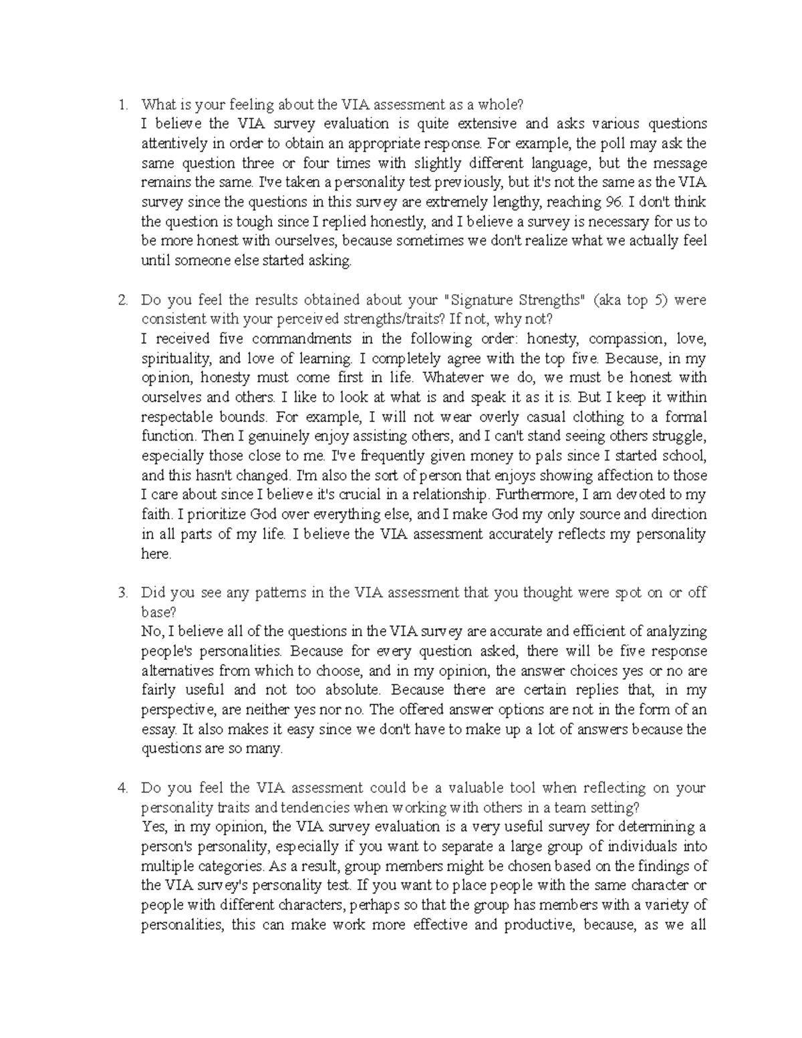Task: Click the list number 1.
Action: [121, 104]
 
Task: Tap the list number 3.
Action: [122, 592]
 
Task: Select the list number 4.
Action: [122, 788]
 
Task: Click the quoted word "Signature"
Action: [479, 300]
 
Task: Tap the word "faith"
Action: [156, 515]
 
